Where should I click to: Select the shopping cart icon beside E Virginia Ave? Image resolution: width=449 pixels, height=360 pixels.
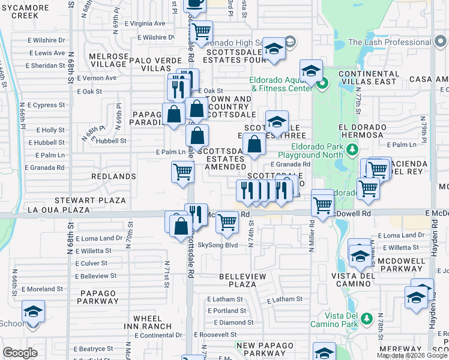pyautogui.click(x=202, y=29)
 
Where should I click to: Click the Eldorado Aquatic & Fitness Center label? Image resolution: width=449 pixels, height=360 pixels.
pyautogui.click(x=281, y=84)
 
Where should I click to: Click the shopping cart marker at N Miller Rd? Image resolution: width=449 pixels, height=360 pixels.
pyautogui.click(x=323, y=204)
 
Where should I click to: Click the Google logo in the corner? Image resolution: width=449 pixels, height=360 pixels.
pyautogui.click(x=20, y=353)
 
